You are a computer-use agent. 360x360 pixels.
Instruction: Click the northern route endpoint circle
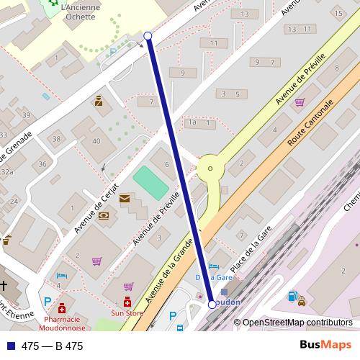tap(148, 35)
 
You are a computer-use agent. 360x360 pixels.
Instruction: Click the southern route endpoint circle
tap(212, 305)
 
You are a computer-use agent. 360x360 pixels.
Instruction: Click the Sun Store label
tap(127, 313)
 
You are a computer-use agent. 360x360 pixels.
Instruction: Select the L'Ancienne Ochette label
tap(81, 12)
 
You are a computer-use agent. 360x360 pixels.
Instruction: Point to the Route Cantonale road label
tap(311, 124)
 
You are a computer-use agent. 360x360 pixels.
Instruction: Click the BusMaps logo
tap(323, 346)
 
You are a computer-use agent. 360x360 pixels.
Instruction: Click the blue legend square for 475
tap(9, 346)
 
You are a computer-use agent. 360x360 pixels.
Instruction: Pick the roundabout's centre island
tap(210, 169)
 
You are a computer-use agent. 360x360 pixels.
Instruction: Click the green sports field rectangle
tap(151, 179)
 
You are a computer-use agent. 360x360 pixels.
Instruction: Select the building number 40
tap(96, 140)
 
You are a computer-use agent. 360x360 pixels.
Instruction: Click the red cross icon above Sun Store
tap(127, 302)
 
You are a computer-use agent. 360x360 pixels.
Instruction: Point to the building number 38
tap(56, 138)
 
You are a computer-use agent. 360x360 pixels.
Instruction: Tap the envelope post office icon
tap(125, 198)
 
